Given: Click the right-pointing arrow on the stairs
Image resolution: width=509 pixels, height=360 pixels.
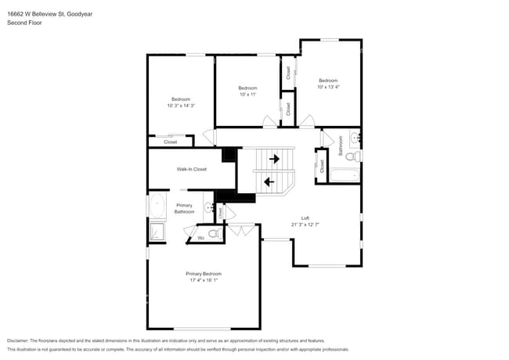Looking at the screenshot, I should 274,159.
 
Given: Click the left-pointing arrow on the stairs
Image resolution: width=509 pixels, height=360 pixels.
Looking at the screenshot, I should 269,182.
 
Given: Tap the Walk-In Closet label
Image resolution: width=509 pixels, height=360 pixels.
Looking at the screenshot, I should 191,169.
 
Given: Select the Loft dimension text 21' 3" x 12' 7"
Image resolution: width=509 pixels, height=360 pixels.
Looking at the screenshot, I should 305,225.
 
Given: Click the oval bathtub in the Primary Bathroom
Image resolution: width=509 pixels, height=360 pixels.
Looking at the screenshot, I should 157,207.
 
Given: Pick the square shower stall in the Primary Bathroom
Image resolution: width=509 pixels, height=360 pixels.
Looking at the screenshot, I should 157,232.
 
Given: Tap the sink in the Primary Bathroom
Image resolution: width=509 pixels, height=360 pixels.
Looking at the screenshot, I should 208,207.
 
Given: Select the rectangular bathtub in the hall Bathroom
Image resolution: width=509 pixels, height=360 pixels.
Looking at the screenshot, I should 345,174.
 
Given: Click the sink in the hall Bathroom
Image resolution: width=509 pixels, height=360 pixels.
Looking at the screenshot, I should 355,139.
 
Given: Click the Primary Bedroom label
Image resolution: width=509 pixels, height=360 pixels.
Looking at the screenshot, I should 203,273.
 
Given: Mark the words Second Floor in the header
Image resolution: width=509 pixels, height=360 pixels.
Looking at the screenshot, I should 24,23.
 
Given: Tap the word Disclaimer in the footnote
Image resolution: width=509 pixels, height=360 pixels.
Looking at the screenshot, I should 17,341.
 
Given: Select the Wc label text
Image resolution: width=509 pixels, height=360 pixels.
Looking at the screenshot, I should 200,237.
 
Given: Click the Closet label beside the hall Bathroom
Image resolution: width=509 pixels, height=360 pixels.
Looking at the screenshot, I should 322,166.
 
